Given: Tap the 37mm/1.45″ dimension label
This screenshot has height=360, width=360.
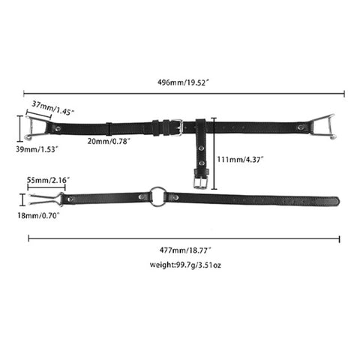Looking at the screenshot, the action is tap(53, 108).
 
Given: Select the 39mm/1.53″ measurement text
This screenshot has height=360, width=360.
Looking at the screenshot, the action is tap(37, 149).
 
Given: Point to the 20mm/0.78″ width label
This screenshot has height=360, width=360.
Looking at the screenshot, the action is tap(109, 141).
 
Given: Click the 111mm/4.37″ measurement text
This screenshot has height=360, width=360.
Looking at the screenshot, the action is tap(240, 159).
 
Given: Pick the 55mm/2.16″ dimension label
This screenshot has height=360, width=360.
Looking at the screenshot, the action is tap(48, 180).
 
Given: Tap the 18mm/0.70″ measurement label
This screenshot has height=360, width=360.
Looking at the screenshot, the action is tap(38, 215).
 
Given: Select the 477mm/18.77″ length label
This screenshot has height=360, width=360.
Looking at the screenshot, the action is tap(185, 250).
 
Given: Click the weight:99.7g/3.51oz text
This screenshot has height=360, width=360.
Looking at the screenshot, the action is tap(185, 265).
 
